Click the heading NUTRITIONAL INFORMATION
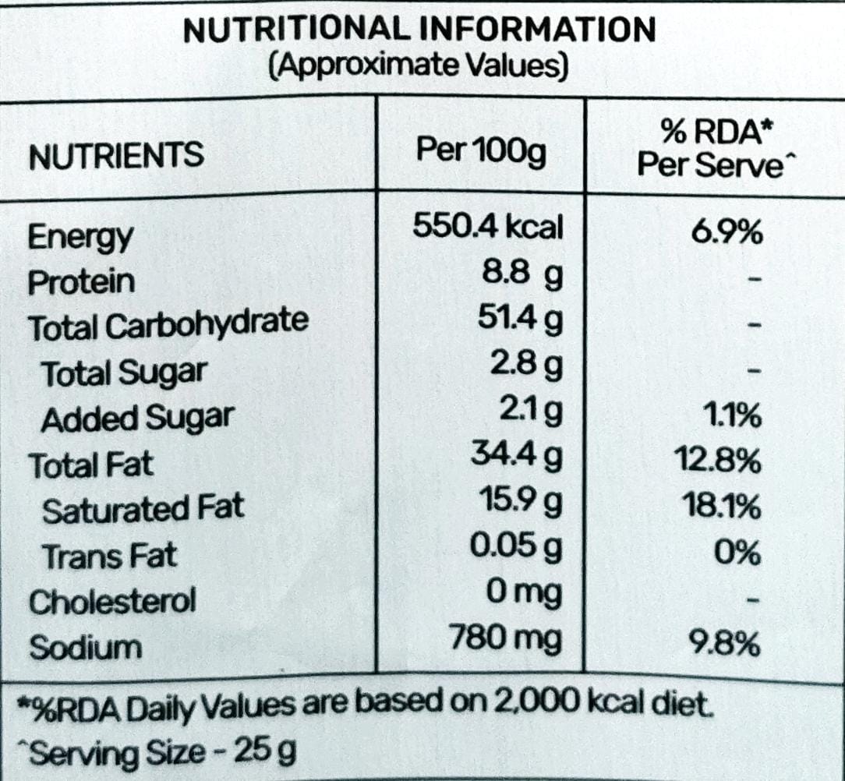(419, 30)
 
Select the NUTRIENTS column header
(116, 157)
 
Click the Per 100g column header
(481, 151)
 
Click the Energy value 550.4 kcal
(487, 227)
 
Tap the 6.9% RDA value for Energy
(727, 233)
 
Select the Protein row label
(81, 281)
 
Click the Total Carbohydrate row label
(168, 325)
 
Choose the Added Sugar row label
(136, 419)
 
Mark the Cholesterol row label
(112, 602)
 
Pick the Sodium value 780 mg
(506, 641)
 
